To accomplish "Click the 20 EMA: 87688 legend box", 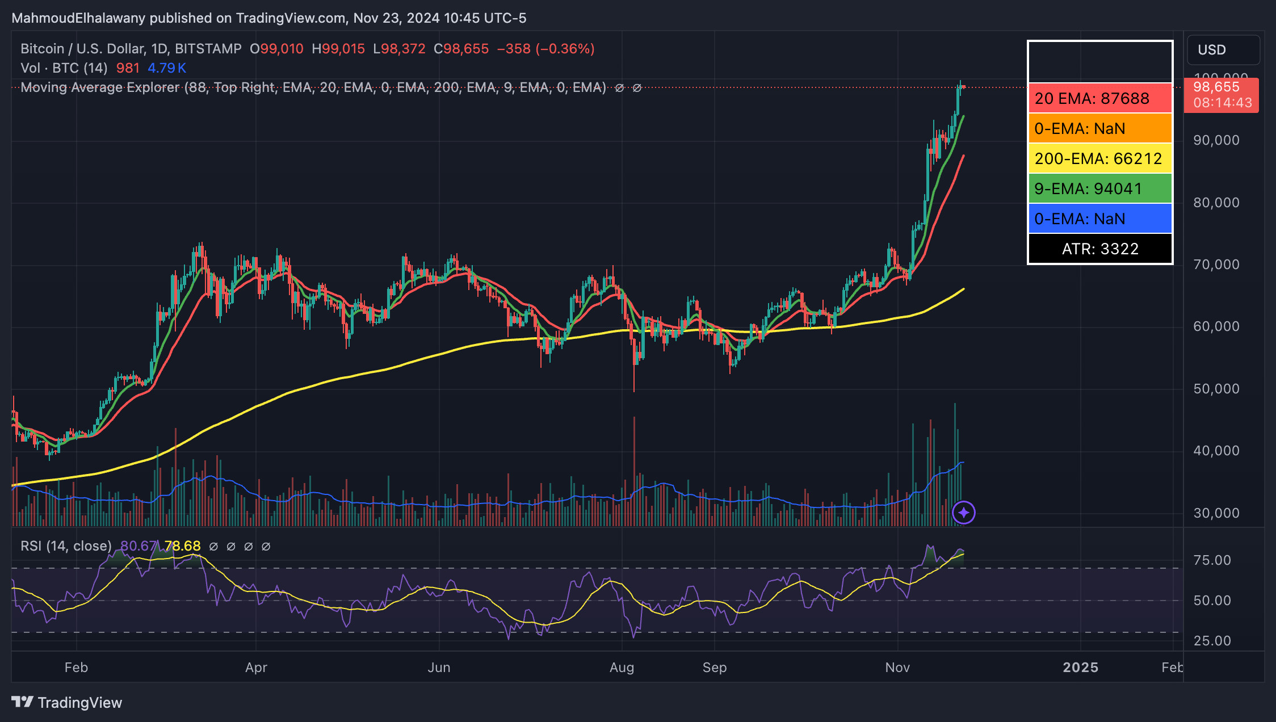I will [x=1100, y=98].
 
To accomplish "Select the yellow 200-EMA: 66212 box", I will [x=1100, y=158].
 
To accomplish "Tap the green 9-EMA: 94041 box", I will [x=1100, y=188].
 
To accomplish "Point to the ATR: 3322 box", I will [x=1100, y=249].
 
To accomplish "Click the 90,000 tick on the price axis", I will [x=1216, y=140].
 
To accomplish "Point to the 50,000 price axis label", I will [x=1216, y=389].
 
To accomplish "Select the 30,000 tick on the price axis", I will [x=1216, y=513].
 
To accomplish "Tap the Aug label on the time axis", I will [x=622, y=668].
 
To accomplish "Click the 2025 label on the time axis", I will [x=1080, y=668].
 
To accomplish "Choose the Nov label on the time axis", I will [x=897, y=668].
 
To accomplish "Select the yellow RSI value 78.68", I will [x=182, y=546].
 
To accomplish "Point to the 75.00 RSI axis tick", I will [x=1212, y=560].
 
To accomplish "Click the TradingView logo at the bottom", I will [x=67, y=703].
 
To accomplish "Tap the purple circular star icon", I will [x=963, y=513].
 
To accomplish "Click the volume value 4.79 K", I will [x=167, y=68].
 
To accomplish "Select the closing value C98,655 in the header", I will [x=461, y=49].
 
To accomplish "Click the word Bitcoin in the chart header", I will [x=42, y=49].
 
